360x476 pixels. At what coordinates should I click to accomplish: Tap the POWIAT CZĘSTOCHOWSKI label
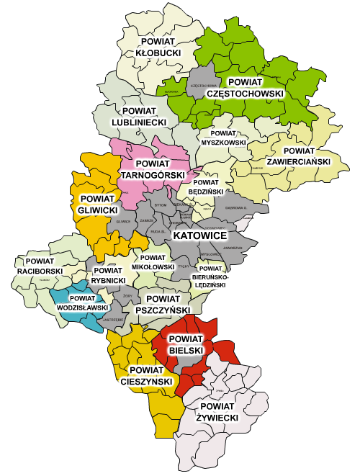[245, 87]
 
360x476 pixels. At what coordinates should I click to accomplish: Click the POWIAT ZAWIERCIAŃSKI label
[296, 156]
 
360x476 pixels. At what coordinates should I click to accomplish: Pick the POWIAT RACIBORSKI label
[45, 265]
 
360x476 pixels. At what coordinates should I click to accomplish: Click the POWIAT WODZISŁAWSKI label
[81, 302]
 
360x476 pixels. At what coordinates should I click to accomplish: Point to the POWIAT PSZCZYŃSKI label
[167, 303]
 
